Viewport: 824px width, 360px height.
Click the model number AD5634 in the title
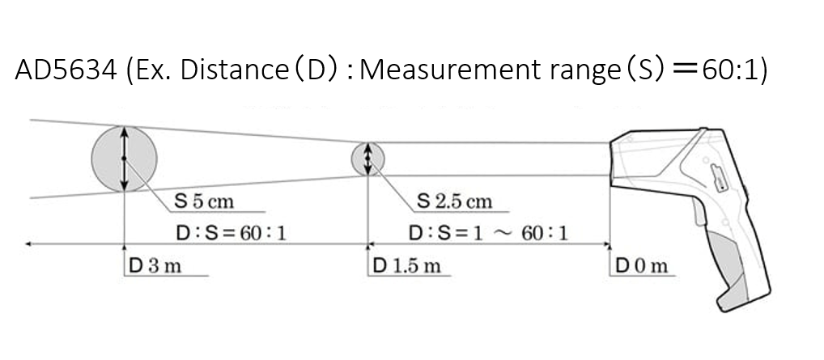[x=65, y=70]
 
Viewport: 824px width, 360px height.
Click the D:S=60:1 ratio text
[x=231, y=233]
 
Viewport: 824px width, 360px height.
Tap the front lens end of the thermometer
[x=614, y=157]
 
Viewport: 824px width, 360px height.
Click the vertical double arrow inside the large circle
[x=124, y=159]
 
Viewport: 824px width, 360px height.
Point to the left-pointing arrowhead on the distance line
[x=28, y=243]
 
